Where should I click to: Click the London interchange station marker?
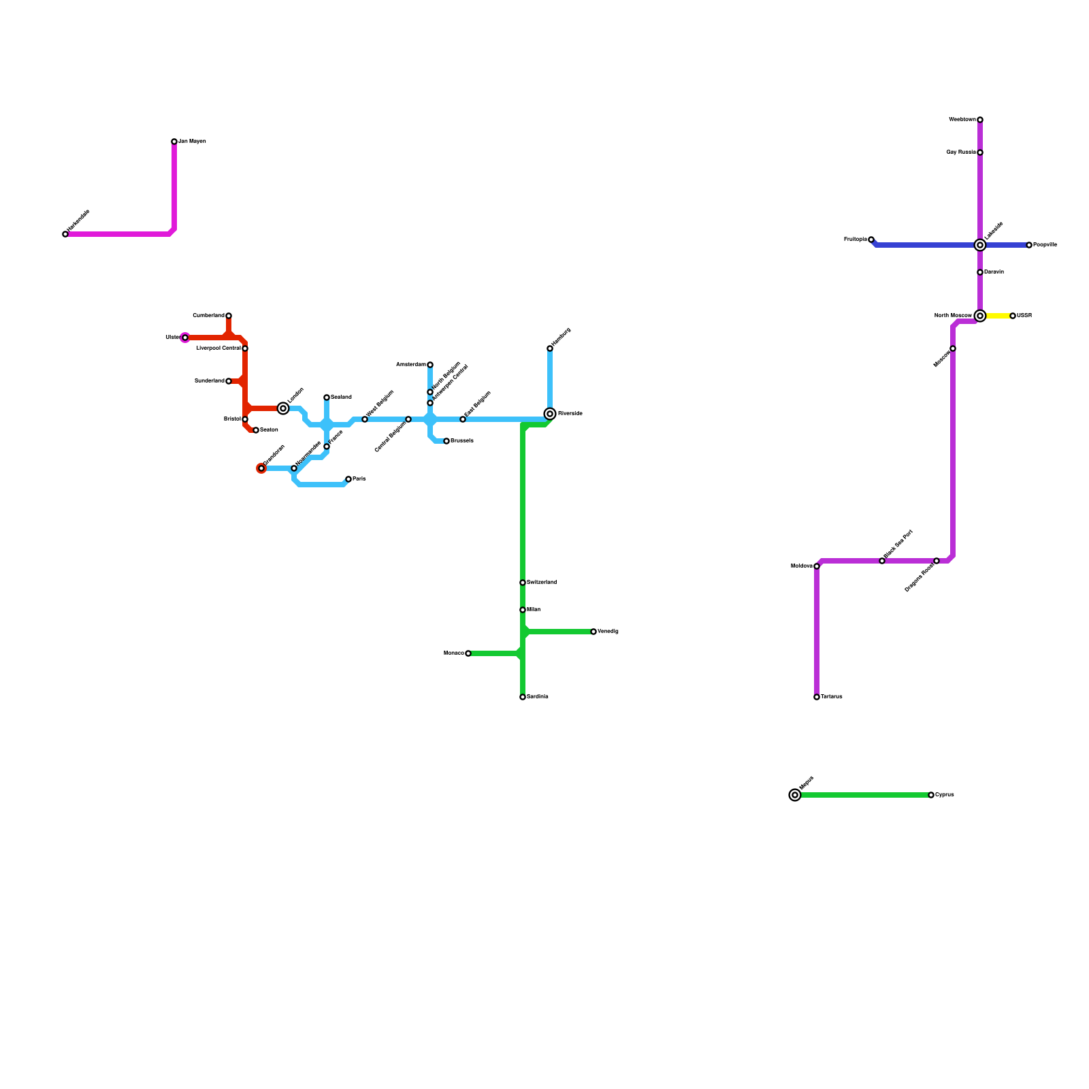283,408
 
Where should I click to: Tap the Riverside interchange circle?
550,414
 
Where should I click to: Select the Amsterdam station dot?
430,365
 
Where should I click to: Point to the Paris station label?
359,479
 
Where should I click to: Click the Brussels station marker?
446,441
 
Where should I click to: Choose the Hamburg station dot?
550,348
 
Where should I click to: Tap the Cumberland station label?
208,316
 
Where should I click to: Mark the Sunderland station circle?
229,381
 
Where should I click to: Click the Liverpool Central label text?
218,348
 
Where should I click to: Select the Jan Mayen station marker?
174,142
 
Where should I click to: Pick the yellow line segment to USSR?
998,316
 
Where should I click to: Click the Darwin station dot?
980,272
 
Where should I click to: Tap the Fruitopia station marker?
871,240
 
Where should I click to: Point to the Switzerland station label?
542,583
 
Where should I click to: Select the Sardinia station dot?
523,697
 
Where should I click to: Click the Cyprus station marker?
931,795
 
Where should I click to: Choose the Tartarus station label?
832,697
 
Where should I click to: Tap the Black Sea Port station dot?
882,561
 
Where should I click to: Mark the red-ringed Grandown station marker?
261,468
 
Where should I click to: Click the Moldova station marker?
817,566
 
